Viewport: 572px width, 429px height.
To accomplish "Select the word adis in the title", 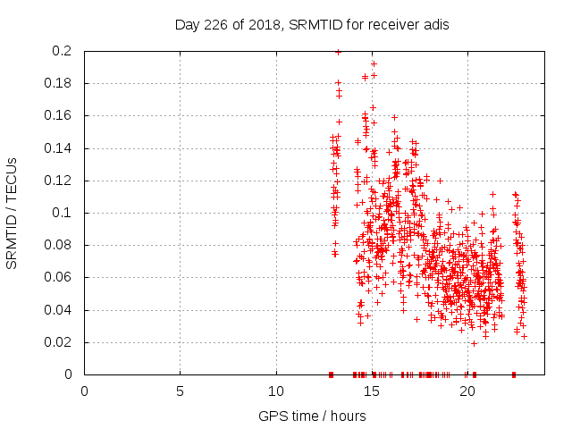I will coord(434,24).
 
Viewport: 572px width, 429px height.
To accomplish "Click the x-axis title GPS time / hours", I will coord(312,416).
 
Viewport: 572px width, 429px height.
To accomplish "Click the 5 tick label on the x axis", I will coord(180,391).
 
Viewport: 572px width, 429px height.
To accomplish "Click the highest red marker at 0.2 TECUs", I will coord(338,52).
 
